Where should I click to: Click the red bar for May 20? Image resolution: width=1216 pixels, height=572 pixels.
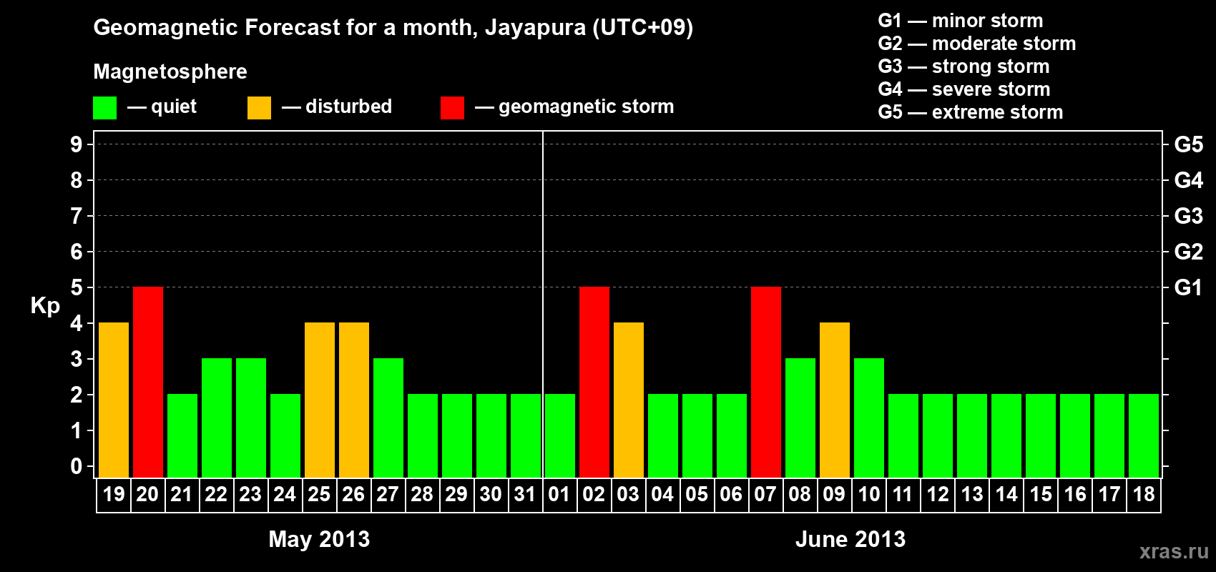[148, 382]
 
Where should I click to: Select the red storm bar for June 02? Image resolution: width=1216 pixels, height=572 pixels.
[594, 382]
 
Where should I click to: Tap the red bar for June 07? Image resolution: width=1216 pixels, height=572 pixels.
[766, 382]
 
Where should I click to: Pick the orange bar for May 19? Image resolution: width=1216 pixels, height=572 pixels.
[114, 400]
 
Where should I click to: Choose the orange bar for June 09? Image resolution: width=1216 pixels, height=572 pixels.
[835, 400]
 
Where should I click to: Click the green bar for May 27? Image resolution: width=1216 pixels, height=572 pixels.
[388, 418]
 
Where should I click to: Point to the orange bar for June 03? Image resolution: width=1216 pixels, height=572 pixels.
[629, 400]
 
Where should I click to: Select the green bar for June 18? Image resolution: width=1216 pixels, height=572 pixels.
[1144, 435]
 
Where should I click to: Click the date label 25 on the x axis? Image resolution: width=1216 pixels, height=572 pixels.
[319, 494]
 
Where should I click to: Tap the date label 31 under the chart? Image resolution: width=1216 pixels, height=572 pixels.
[525, 494]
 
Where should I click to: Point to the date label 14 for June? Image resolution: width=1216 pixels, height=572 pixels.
[1006, 494]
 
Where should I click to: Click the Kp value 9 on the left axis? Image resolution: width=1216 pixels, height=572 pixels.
[77, 144]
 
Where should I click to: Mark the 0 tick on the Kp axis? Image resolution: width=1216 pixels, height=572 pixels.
[77, 466]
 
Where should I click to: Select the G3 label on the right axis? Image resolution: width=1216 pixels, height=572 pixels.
[1188, 216]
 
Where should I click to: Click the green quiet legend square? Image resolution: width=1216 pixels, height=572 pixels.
[105, 108]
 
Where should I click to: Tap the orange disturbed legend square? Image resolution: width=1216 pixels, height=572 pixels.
[259, 108]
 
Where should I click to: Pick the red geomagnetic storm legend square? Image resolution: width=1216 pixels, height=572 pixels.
[452, 108]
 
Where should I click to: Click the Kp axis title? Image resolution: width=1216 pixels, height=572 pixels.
[45, 306]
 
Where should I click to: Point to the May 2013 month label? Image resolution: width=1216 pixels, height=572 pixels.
[319, 539]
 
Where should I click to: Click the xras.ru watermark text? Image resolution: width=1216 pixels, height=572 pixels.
[1174, 551]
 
